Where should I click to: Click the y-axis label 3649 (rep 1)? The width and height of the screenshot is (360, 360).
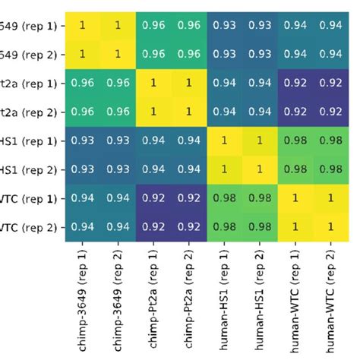(x=28, y=25)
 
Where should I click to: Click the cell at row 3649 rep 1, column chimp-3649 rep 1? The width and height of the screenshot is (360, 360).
(x=84, y=25)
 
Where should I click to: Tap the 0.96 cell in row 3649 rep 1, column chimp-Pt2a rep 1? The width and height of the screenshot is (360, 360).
(x=153, y=25)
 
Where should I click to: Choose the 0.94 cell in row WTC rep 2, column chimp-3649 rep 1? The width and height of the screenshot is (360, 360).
(x=84, y=226)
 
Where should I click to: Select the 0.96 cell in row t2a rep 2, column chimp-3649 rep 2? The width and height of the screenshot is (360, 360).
(x=118, y=112)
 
